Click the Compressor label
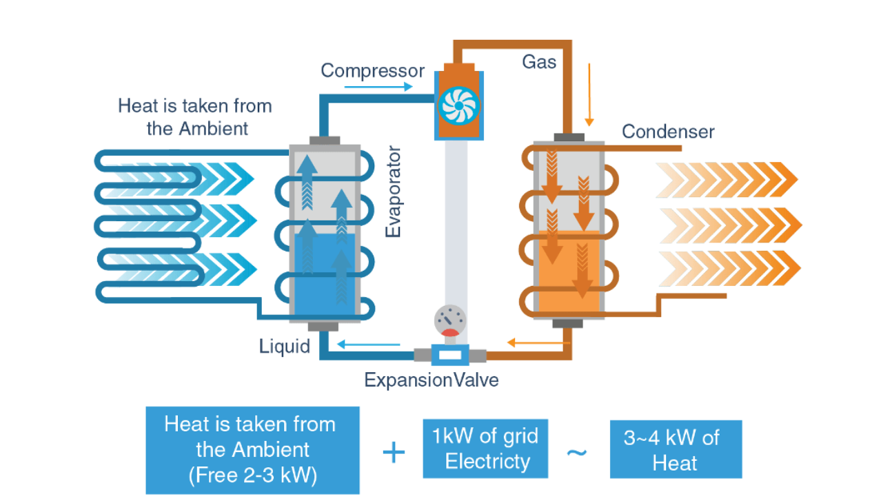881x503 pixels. (372, 71)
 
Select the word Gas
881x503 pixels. (538, 62)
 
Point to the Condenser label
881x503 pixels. (668, 132)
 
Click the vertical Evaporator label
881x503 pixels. (393, 192)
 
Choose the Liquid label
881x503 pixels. (285, 346)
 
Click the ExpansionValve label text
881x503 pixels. (432, 380)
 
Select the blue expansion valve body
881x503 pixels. (450, 356)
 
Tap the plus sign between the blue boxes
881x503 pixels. (393, 453)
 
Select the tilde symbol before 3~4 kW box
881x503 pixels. (576, 453)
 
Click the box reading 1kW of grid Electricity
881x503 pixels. (485, 449)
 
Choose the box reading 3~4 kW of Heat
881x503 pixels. (676, 449)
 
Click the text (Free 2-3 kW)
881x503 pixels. (252, 475)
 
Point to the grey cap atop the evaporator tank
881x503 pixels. (324, 141)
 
